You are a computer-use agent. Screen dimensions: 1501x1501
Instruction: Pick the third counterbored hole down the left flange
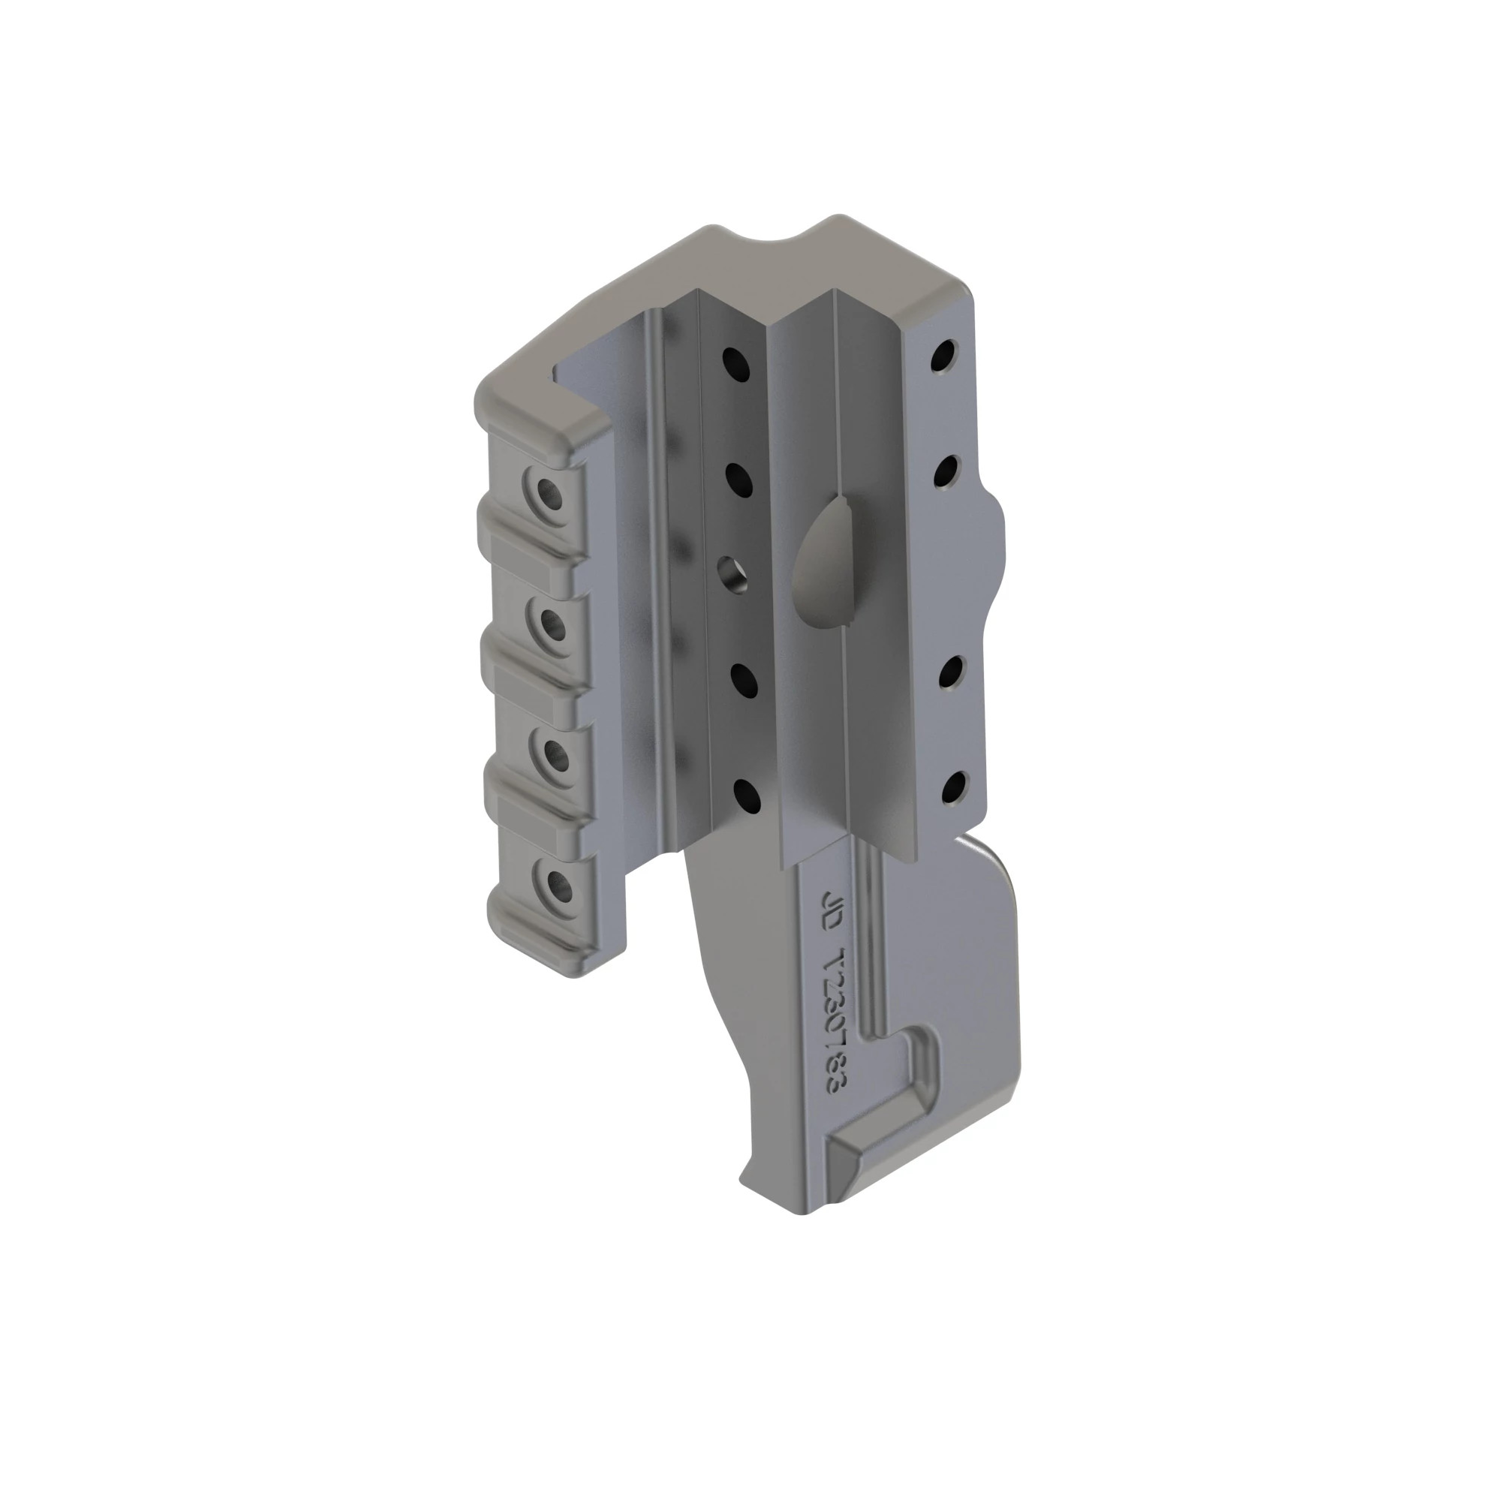pos(554,753)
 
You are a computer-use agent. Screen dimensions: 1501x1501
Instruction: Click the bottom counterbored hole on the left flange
pos(556,884)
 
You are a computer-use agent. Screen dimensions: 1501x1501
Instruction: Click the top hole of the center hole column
pos(733,361)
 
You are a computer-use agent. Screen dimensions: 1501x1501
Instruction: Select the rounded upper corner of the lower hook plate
pos(994,862)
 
